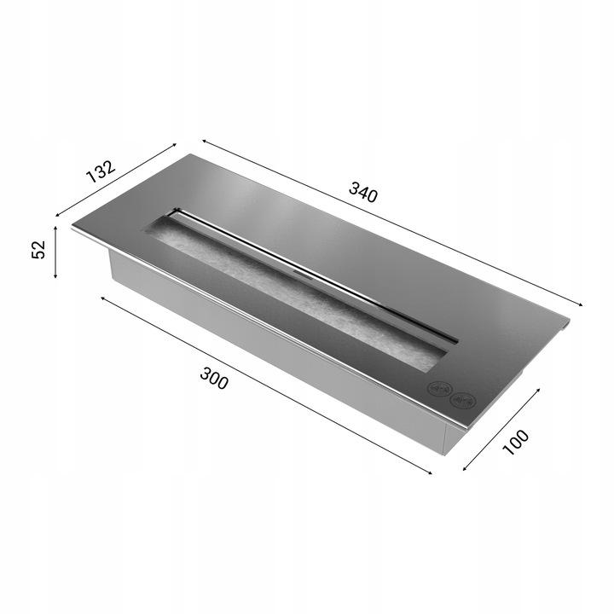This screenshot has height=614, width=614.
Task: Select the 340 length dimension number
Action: tap(363, 194)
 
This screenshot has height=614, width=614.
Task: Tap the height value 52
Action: tap(38, 250)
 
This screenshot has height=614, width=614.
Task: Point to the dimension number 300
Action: tap(213, 378)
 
